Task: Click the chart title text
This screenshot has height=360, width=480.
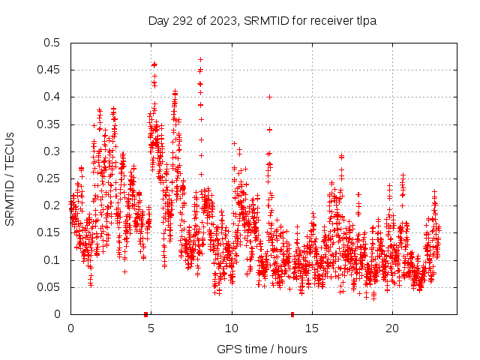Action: (262, 20)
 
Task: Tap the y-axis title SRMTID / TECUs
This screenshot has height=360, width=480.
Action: (10, 178)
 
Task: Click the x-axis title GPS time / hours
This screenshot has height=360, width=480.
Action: (262, 349)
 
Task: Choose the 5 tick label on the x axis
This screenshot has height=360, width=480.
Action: (151, 328)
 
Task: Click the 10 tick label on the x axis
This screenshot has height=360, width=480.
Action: (232, 328)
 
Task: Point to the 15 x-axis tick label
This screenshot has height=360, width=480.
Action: (312, 328)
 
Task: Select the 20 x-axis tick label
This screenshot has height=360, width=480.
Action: (392, 328)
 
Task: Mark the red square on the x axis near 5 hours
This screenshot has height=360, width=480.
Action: (146, 313)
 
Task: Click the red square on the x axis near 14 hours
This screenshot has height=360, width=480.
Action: (292, 313)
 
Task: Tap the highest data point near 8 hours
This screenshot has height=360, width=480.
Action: (200, 59)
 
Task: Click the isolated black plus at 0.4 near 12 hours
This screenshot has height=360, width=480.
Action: (269, 97)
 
